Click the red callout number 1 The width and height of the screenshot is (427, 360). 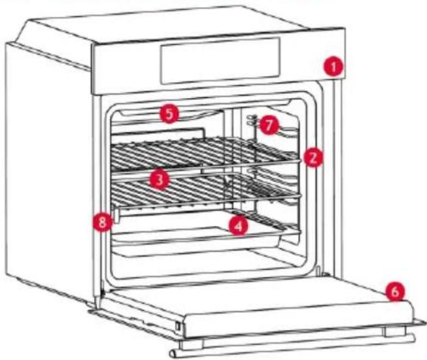(x=333, y=67)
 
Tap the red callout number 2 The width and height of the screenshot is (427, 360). (x=313, y=157)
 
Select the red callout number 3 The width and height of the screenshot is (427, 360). (x=159, y=180)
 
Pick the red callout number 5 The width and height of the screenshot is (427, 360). (x=169, y=114)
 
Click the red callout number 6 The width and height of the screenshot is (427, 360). (x=394, y=292)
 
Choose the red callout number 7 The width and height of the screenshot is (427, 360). (x=269, y=125)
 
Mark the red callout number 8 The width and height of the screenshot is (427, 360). (x=102, y=223)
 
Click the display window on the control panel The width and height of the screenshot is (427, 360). (x=220, y=60)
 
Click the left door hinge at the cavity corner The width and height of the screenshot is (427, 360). (x=103, y=292)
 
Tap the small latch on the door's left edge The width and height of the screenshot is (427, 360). (x=178, y=326)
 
